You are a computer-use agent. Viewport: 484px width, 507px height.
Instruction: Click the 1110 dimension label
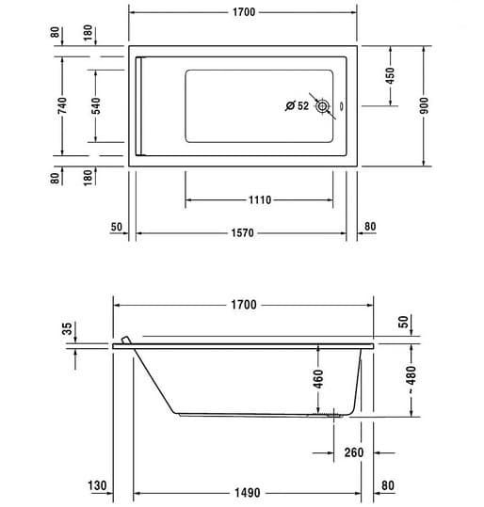point(260,199)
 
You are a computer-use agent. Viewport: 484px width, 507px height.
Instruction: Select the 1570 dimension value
point(243,233)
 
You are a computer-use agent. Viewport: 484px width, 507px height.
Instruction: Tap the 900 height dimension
point(424,105)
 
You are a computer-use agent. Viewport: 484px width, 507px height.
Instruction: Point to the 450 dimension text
point(391,75)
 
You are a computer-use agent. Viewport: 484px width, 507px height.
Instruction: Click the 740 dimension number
point(62,105)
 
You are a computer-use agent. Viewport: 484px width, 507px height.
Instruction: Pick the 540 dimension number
point(96,106)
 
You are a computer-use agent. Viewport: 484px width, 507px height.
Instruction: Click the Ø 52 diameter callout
point(298,105)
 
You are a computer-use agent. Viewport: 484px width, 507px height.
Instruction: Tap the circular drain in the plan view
point(322,106)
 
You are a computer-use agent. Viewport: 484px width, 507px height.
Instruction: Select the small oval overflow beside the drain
point(341,106)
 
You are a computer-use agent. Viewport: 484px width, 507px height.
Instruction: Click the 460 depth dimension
point(318,379)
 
